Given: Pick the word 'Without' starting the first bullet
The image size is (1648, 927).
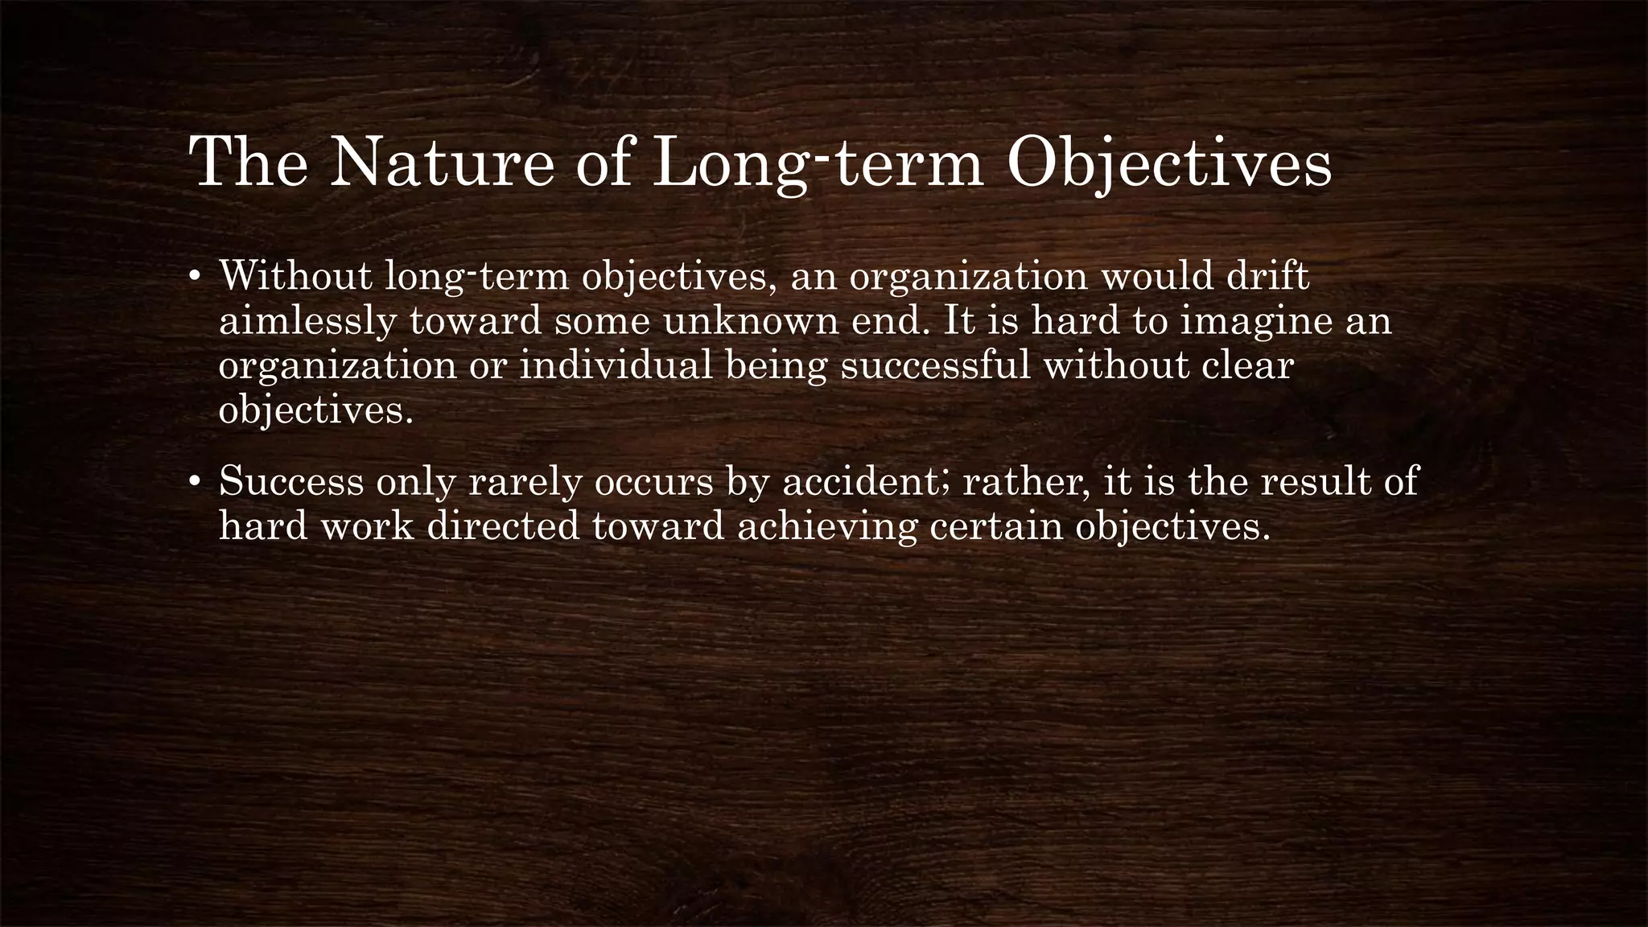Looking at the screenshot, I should (x=295, y=276).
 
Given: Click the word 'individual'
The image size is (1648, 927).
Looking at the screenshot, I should (x=616, y=366).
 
